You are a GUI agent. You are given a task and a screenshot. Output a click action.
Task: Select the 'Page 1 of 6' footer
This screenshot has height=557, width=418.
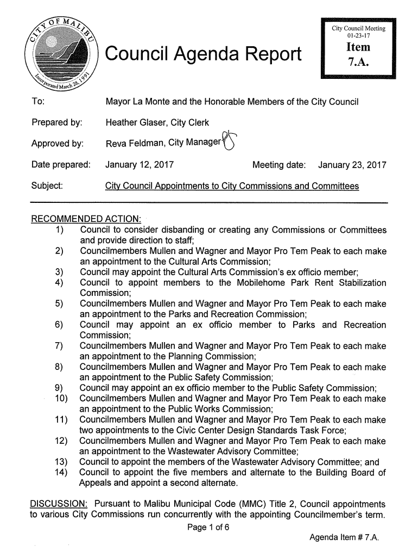point(209,527)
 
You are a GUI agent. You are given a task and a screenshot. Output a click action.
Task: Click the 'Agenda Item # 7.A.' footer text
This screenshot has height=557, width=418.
point(343,538)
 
